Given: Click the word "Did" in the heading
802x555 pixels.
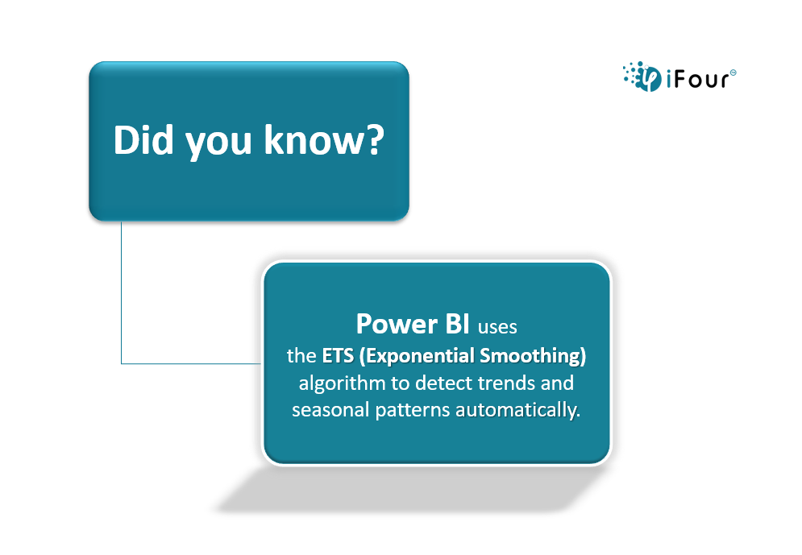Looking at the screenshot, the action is (x=143, y=139).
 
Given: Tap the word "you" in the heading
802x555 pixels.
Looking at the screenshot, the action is (x=218, y=143).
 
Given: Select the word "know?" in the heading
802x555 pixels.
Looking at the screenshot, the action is (x=324, y=139).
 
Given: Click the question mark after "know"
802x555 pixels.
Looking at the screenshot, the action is (x=376, y=139).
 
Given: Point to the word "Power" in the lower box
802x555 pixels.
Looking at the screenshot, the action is (x=397, y=324).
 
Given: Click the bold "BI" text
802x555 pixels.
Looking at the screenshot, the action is (x=457, y=324).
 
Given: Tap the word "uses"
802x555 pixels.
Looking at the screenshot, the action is (x=497, y=327).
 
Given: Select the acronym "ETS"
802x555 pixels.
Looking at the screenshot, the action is (x=338, y=356).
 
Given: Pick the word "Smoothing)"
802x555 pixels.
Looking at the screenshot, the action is (x=533, y=356).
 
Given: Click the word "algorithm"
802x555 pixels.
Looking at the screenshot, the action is (x=342, y=383).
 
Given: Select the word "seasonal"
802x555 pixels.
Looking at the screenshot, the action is (x=330, y=410).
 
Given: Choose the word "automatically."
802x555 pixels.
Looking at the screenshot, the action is (x=517, y=411).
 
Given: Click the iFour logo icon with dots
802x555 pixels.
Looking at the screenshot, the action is (x=642, y=77).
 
